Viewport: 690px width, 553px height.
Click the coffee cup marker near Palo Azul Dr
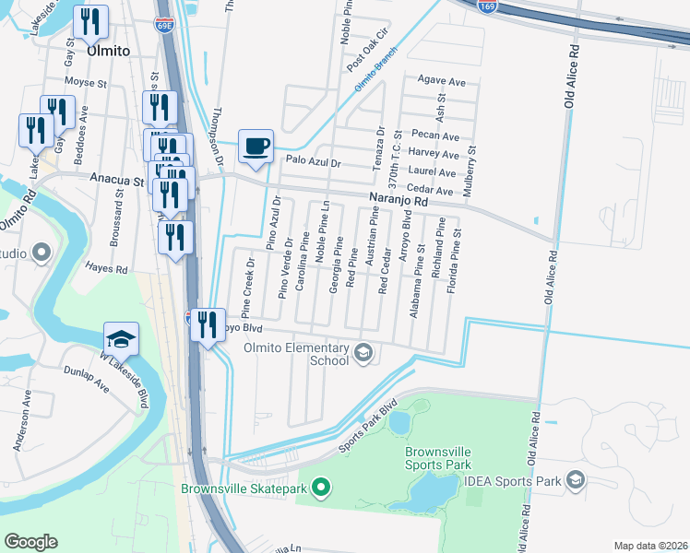click(256, 146)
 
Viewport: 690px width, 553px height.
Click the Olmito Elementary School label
click(296, 354)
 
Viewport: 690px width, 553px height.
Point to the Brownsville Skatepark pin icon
click(320, 487)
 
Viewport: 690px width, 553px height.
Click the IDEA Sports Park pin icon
click(577, 480)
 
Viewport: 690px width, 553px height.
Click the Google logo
click(30, 542)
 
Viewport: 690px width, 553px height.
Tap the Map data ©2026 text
click(649, 546)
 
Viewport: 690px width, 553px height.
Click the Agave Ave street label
click(442, 81)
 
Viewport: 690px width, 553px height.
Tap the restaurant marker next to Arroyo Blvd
click(208, 325)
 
